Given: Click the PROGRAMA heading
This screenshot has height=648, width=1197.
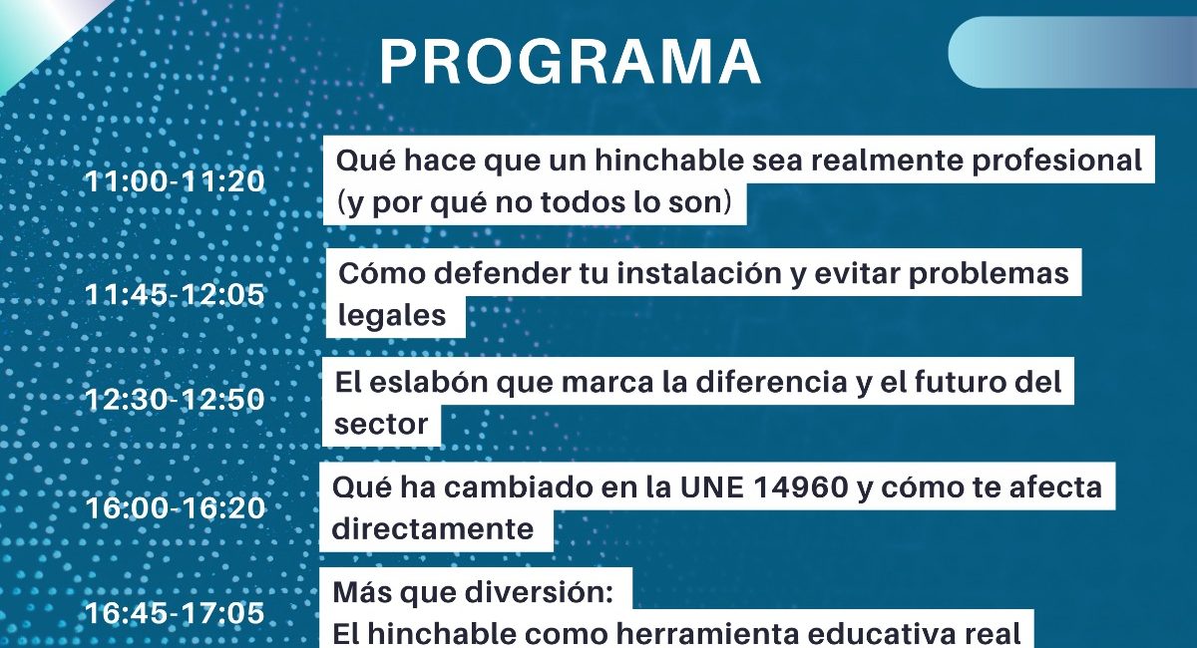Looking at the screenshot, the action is pyautogui.click(x=570, y=62).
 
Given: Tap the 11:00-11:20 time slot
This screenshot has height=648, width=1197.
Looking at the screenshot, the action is pyautogui.click(x=176, y=181).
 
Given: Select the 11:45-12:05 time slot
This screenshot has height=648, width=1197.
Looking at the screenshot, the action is pyautogui.click(x=176, y=294).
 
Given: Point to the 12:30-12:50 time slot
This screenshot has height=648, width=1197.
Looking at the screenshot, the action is pyautogui.click(x=176, y=399).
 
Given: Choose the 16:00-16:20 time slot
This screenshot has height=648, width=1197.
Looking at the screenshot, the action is pyautogui.click(x=176, y=507).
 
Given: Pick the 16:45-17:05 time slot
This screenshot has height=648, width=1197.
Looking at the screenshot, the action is pyautogui.click(x=176, y=612).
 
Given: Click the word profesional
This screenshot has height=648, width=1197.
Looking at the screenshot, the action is pyautogui.click(x=1056, y=161).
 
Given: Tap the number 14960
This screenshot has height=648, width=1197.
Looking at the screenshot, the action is pyautogui.click(x=765, y=487).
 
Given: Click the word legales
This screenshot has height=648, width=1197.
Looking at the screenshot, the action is pyautogui.click(x=392, y=316).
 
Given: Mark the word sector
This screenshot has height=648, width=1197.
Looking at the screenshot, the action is pyautogui.click(x=381, y=424).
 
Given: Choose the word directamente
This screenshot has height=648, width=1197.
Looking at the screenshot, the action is pyautogui.click(x=433, y=529).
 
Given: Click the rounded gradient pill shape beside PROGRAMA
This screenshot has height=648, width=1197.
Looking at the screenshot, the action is pyautogui.click(x=1072, y=52).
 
